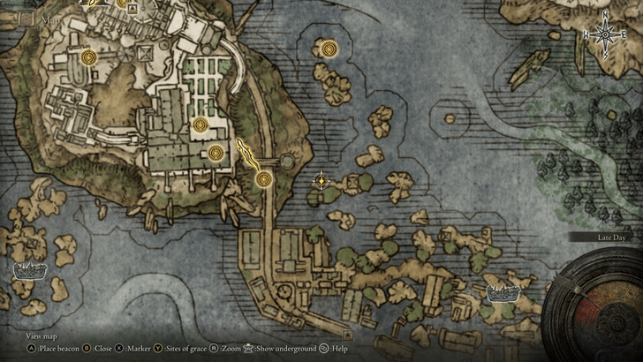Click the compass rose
coord(604,35)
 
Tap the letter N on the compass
coord(604,17)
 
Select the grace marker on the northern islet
coord(329,49)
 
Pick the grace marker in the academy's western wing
coord(87,58)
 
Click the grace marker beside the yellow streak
coord(262,179)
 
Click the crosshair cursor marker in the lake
coord(321,181)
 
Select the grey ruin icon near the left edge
coord(29,270)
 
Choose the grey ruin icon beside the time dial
coord(504,292)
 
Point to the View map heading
coord(42,336)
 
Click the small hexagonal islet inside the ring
coord(287,160)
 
